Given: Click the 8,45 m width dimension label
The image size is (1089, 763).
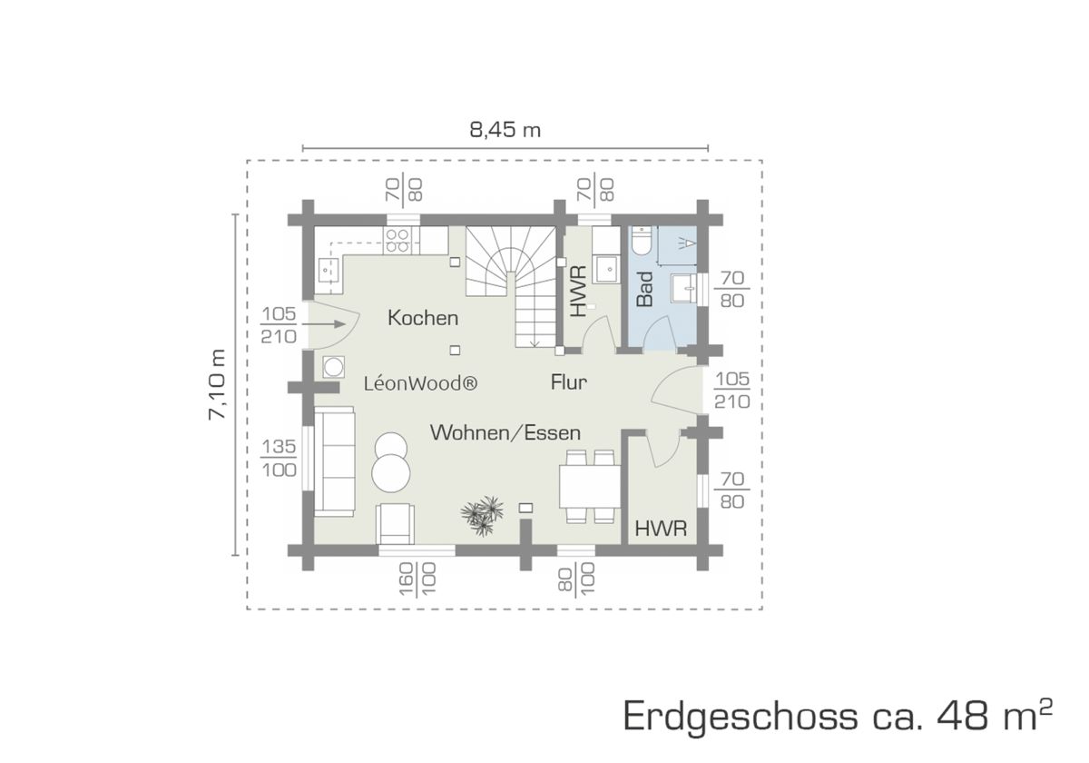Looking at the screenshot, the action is pos(505,130).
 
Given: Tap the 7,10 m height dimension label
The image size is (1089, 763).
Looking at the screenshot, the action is pos(217,384).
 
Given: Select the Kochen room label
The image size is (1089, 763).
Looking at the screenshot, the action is pos(423,318).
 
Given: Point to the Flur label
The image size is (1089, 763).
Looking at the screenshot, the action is pos(569,382).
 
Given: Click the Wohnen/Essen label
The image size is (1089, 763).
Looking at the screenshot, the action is pos(505,432).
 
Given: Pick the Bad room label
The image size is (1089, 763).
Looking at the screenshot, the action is pos(644,289).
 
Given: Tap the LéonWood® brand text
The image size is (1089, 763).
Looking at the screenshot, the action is pos(421,383).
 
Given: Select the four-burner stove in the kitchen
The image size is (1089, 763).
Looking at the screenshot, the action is pos(401,241).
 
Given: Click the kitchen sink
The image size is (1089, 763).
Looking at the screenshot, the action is pos(329,270).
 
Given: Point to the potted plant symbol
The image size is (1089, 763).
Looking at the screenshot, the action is pos(482,515).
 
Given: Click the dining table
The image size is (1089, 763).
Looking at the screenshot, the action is pos(590,487).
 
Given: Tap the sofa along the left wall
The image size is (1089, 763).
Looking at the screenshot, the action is pos(335,461).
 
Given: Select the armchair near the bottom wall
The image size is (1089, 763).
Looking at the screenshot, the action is pos(396,523).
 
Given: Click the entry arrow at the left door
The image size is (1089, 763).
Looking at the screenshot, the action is pos(324,323).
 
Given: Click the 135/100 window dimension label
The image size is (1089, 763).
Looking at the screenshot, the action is pos(279,459).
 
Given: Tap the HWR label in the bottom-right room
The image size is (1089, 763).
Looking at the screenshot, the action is pos(661,529).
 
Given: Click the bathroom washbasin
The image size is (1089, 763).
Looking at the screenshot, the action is pos(683,288).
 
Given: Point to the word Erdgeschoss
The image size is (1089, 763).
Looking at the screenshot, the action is pos(741,717).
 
